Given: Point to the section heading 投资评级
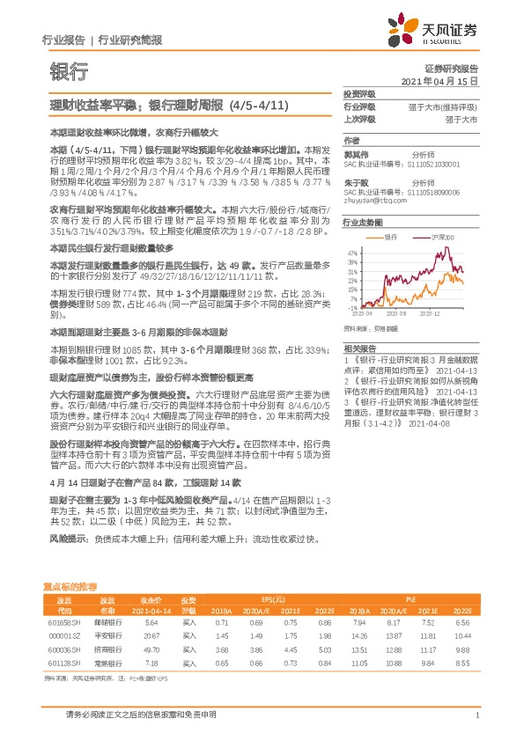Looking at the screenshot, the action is point(359,92).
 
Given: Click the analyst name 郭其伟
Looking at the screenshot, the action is point(354,151).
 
